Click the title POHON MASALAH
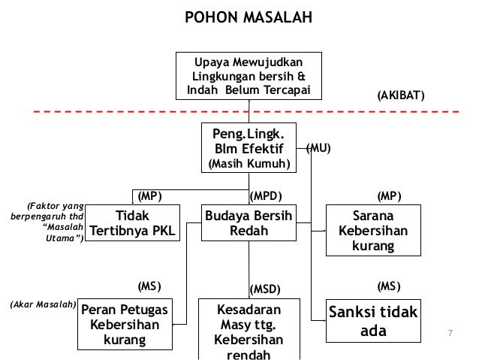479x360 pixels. (248, 17)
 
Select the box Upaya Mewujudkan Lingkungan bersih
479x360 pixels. (249, 76)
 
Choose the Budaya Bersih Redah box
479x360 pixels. (249, 223)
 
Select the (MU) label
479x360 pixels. (318, 149)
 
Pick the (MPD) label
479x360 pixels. (265, 196)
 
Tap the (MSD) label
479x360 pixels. (265, 289)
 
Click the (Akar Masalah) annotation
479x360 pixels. (44, 305)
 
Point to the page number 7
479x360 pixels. (450, 333)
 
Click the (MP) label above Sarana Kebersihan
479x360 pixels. (389, 196)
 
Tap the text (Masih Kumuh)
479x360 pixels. (249, 165)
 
